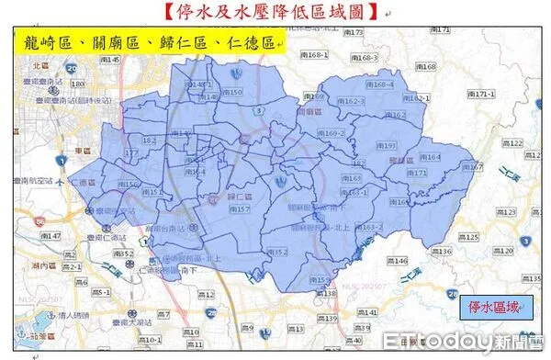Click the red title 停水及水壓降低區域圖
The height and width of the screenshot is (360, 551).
(x=275, y=13)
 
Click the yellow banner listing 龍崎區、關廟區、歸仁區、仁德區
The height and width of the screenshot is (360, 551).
(x=147, y=42)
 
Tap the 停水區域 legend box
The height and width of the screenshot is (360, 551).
(x=494, y=306)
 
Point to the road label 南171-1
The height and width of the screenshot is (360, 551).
(x=480, y=94)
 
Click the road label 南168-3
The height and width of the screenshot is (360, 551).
(x=364, y=58)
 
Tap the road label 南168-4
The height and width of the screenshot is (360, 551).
(x=378, y=84)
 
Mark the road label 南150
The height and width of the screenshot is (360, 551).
(x=234, y=92)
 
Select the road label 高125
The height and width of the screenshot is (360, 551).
(x=469, y=237)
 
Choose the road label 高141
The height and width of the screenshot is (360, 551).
(x=366, y=312)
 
